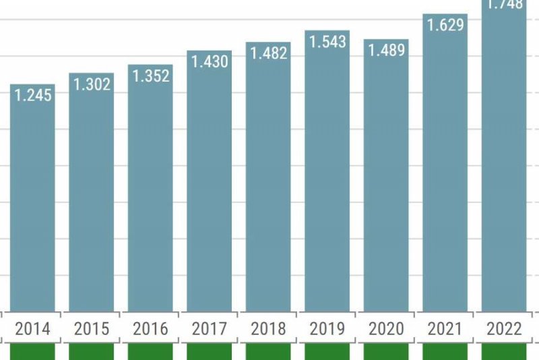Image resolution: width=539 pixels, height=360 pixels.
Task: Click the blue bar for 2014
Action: pos(32,202)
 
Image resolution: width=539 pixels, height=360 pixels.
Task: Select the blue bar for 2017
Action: pos(210,189)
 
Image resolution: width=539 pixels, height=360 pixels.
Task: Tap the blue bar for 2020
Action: pos(386,182)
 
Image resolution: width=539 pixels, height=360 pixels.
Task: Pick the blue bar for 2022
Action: pos(504,162)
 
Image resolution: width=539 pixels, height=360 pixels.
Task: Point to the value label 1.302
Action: pos(92,84)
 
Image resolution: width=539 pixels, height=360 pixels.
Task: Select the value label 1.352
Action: pos(150,76)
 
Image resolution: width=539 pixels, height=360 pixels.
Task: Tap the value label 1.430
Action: pos(210,61)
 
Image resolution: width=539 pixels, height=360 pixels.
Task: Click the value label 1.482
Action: pos(268,53)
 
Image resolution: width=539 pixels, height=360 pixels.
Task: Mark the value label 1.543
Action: pos(327,42)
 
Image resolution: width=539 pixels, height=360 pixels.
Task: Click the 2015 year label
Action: pos(92,329)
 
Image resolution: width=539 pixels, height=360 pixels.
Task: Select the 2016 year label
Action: pos(150,329)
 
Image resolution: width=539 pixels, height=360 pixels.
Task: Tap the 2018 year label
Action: pos(268,329)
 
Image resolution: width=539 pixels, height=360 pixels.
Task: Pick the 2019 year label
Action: pos(327,329)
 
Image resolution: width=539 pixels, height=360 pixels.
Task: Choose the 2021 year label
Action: pos(445,329)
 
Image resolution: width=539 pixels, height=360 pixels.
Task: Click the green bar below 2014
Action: pos(32,352)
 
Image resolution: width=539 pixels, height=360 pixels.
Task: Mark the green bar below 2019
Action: pos(327,352)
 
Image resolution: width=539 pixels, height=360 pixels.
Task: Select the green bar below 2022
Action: pos(504,352)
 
